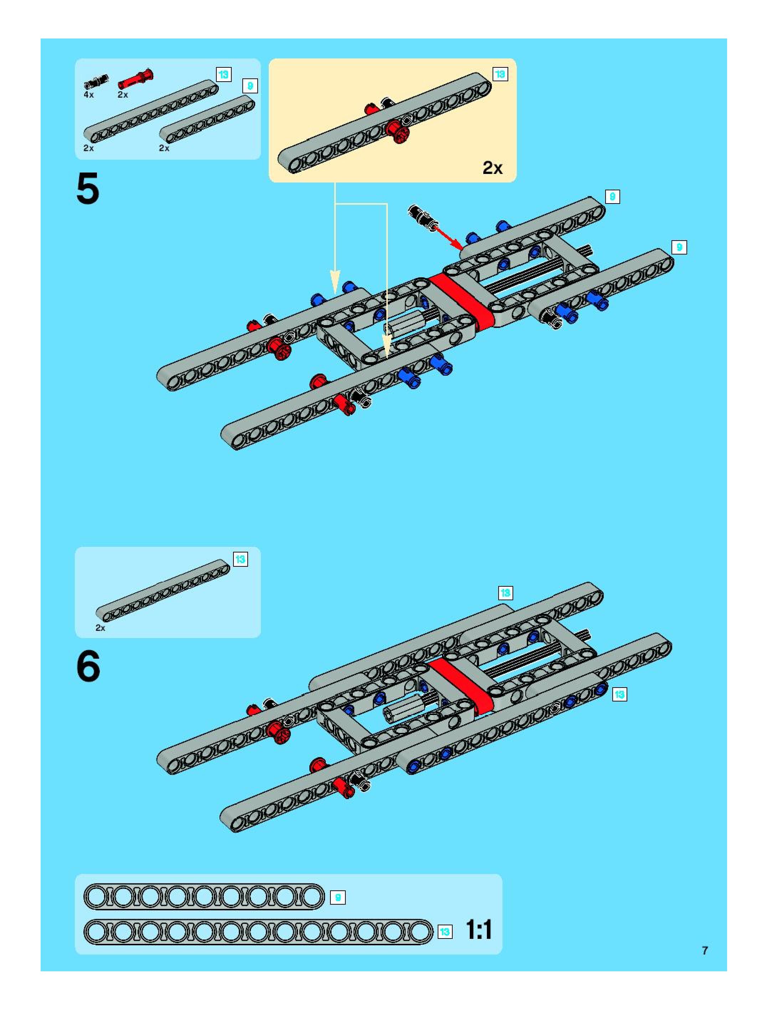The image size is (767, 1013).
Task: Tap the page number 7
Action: point(705,951)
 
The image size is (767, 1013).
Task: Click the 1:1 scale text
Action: point(479,930)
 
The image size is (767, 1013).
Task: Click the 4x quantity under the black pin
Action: point(88,95)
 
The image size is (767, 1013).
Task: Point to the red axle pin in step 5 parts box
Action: point(135,79)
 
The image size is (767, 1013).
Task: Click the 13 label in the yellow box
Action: point(500,74)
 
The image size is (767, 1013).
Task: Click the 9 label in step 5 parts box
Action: point(250,86)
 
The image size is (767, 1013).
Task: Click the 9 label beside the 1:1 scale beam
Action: point(338,897)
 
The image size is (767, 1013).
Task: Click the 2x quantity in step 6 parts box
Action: point(100,628)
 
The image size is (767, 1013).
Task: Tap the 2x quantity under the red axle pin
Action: point(123,95)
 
